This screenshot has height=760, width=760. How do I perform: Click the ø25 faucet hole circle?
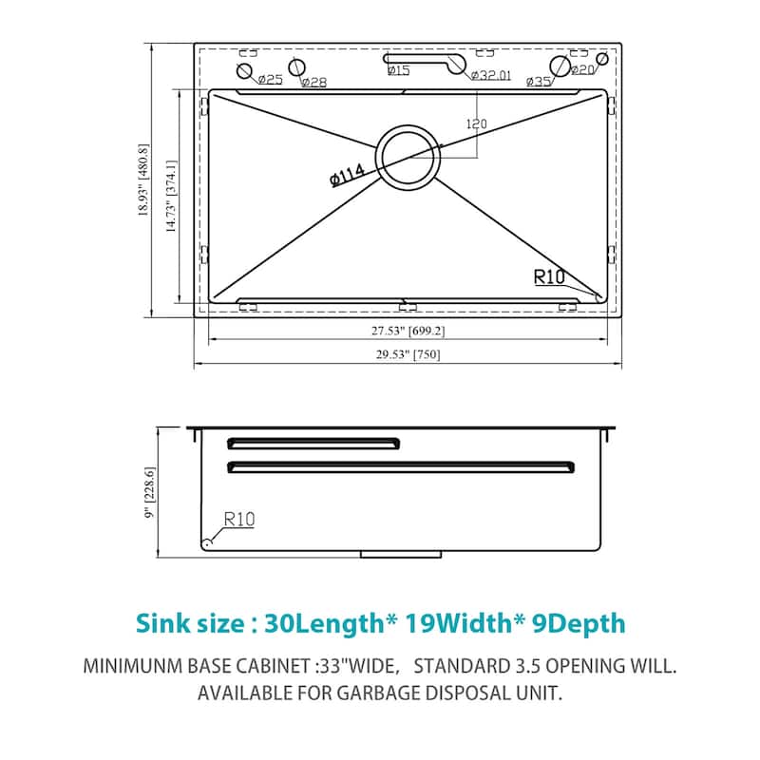tap(245, 72)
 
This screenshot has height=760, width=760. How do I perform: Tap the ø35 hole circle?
tap(560, 67)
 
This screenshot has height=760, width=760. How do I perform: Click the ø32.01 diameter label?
tap(492, 75)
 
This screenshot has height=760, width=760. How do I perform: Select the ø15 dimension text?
tap(399, 70)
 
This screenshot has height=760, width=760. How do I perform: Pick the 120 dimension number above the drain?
tap(476, 123)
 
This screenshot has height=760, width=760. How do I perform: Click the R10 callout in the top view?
tap(550, 277)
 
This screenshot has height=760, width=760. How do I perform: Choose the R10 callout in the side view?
tap(239, 520)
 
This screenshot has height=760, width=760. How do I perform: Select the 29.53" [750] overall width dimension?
tap(408, 355)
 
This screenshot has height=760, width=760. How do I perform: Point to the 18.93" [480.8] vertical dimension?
tap(143, 180)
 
